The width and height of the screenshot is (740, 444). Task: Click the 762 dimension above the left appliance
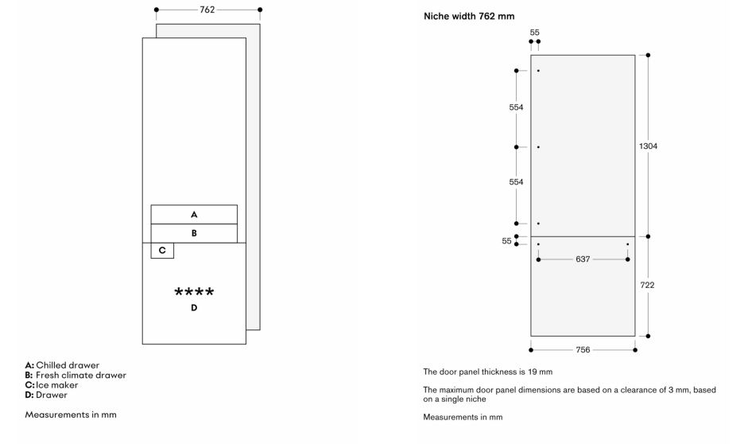pos(208,10)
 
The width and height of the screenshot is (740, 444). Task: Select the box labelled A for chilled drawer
pos(194,214)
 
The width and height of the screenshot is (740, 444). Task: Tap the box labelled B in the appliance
pos(194,233)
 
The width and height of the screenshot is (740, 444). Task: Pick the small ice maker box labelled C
pos(162,250)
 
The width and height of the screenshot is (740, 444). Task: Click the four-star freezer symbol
pos(194,292)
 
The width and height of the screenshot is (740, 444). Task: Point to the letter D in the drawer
pos(194,307)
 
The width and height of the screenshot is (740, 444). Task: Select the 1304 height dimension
pos(648,146)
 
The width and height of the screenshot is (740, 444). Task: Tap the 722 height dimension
pos(648,285)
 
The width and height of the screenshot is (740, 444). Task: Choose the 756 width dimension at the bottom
pos(583,349)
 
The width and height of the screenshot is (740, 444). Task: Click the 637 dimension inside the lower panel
pos(583,259)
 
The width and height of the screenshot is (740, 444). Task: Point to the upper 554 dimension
pos(516,107)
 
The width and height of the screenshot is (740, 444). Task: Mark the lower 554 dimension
pos(516,182)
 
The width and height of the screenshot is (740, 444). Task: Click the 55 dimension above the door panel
pos(534,33)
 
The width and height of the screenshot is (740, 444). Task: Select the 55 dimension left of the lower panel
pos(507,240)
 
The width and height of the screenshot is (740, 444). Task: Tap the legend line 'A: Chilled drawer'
pos(63,365)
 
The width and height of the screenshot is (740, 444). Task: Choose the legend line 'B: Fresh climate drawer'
pos(76,375)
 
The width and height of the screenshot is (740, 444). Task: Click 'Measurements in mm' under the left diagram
pos(71,414)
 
